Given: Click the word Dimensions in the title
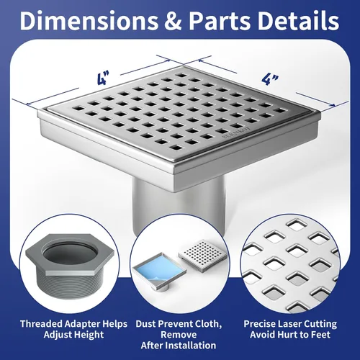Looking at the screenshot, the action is (89, 20).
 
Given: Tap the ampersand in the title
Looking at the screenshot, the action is (174, 21).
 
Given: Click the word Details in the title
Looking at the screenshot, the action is (298, 20).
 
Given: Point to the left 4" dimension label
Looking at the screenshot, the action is (103, 78).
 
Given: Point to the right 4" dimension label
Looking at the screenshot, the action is (270, 79).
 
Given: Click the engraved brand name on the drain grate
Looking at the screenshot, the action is (236, 132).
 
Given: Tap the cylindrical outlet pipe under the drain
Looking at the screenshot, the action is (179, 207).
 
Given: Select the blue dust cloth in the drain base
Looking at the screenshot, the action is (159, 268).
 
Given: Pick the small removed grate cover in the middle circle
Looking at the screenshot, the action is (203, 254).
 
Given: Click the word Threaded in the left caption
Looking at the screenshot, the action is (41, 324).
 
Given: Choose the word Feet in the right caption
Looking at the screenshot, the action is (320, 335).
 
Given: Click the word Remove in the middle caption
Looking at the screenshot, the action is (179, 335).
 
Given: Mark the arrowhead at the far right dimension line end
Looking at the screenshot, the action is (333, 105).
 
